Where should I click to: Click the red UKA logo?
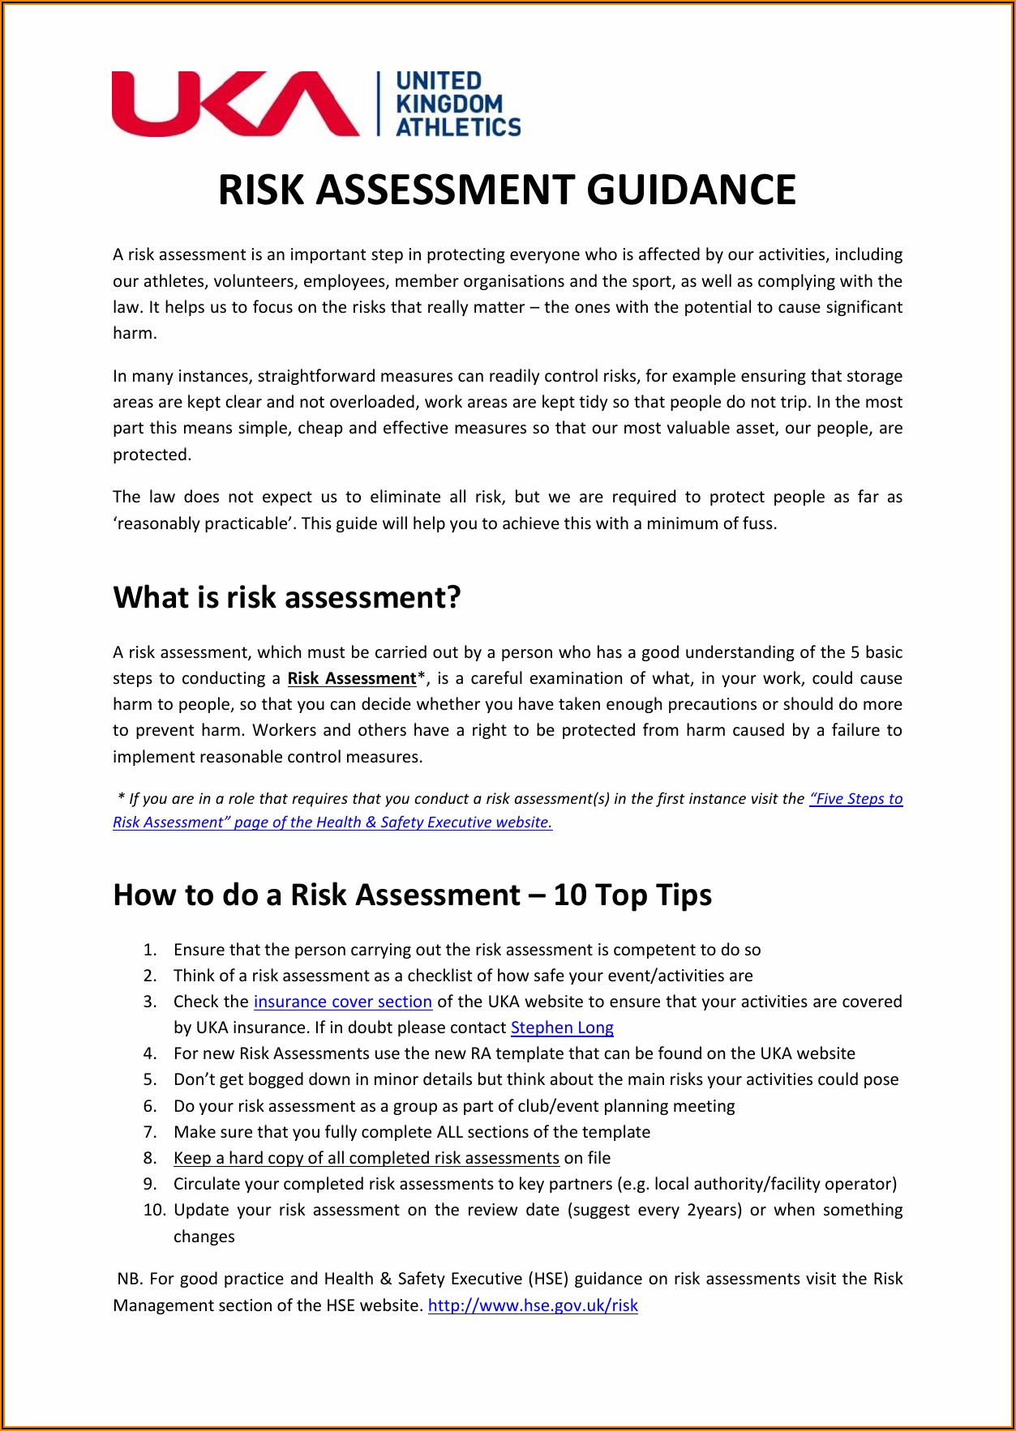[235, 104]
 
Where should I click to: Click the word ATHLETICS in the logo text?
[458, 127]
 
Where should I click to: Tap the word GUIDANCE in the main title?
[691, 190]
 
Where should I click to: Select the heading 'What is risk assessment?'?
[287, 597]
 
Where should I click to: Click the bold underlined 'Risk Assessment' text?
[351, 678]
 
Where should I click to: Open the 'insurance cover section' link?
[342, 1002]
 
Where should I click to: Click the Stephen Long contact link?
[562, 1027]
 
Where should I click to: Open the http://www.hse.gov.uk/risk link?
[533, 1305]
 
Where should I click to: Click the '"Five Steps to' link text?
[855, 799]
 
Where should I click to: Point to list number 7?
[150, 1132]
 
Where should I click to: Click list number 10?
[154, 1210]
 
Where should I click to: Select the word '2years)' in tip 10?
[714, 1210]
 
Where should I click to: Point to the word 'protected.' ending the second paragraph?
[152, 455]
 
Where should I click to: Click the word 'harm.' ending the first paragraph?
[135, 333]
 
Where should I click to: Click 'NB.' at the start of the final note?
[130, 1279]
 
